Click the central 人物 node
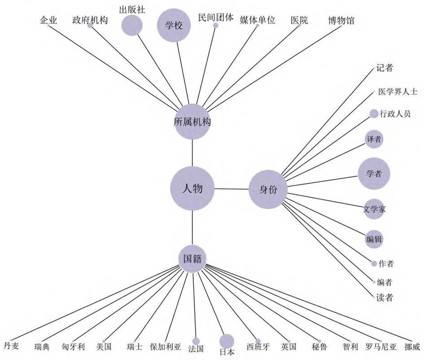tap(192, 188)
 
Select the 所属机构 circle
tap(192, 121)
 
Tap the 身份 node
tap(268, 189)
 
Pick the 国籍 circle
tap(192, 258)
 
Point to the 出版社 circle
tap(132, 25)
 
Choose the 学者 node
tap(374, 173)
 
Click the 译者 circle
tap(374, 139)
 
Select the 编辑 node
tap(374, 239)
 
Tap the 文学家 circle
tap(374, 208)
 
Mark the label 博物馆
tap(341, 20)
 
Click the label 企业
tap(48, 20)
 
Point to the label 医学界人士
tap(398, 92)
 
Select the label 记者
tap(385, 68)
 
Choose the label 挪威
tap(411, 347)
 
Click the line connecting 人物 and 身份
tap(231, 189)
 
